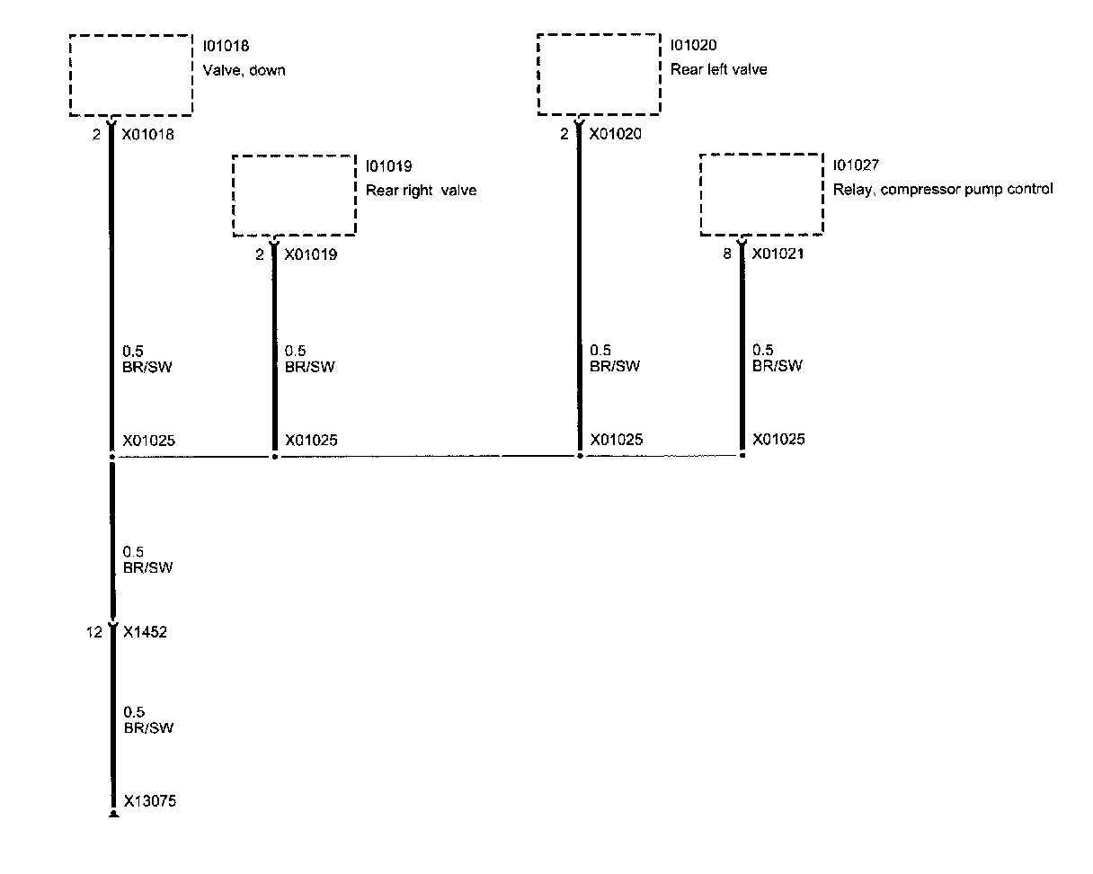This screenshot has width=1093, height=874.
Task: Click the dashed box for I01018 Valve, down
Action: pyautogui.click(x=131, y=76)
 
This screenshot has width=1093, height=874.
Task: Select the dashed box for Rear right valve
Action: pyautogui.click(x=294, y=196)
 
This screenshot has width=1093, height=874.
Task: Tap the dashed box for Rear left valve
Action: pyautogui.click(x=599, y=76)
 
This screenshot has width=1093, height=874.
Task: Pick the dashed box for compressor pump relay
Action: pyautogui.click(x=761, y=196)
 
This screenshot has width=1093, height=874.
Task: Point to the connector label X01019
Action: pyautogui.click(x=310, y=255)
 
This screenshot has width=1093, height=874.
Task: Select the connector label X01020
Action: pyautogui.click(x=616, y=135)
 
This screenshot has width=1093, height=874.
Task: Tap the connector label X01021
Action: pyautogui.click(x=778, y=254)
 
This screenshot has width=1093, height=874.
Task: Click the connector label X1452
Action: pyautogui.click(x=145, y=632)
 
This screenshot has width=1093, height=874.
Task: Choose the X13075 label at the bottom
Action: pyautogui.click(x=149, y=801)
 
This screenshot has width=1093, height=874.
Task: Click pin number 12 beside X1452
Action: pyautogui.click(x=94, y=632)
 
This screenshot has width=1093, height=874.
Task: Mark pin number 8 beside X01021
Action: pyautogui.click(x=727, y=254)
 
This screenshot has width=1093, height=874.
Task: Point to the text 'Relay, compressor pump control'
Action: pyautogui.click(x=942, y=190)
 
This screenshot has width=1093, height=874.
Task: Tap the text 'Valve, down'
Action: pyautogui.click(x=244, y=70)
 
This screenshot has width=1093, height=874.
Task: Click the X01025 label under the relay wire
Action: pyautogui.click(x=778, y=440)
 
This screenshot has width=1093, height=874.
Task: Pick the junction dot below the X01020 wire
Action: pyautogui.click(x=580, y=456)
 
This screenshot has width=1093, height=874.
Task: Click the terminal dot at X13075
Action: pyautogui.click(x=113, y=815)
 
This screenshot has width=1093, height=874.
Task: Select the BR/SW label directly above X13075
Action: pyautogui.click(x=148, y=727)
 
